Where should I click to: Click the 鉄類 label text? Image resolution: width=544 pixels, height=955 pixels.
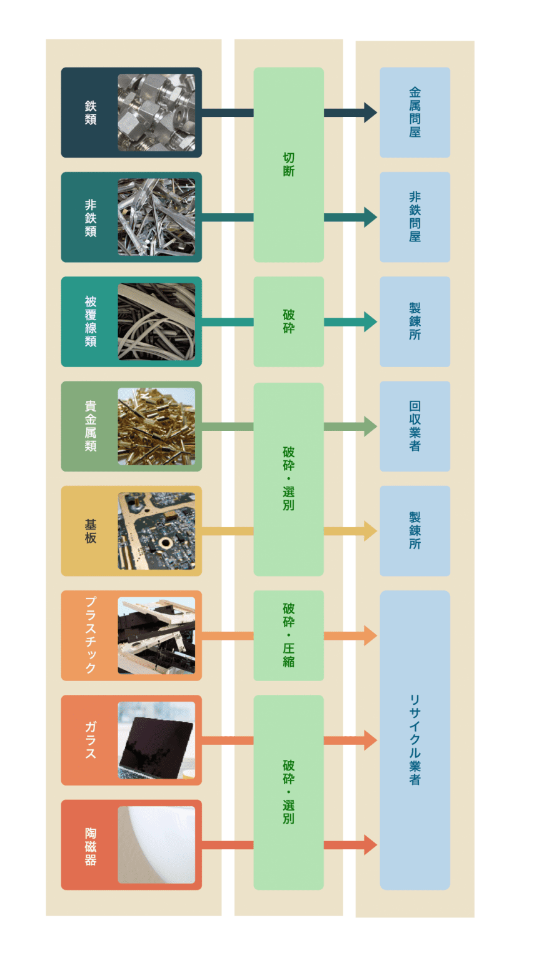pyautogui.click(x=91, y=113)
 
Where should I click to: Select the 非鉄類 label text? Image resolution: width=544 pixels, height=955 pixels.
pyautogui.click(x=91, y=218)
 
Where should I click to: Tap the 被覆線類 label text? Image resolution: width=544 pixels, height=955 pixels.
pyautogui.click(x=91, y=321)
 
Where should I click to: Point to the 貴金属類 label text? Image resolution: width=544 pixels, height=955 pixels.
pyautogui.click(x=91, y=427)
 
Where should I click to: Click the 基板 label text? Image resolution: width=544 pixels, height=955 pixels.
pyautogui.click(x=91, y=531)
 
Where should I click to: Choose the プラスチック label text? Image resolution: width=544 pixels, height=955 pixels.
pyautogui.click(x=91, y=635)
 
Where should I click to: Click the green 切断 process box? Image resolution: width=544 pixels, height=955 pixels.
pyautogui.click(x=289, y=164)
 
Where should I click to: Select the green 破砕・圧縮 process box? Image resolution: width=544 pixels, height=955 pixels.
pyautogui.click(x=289, y=635)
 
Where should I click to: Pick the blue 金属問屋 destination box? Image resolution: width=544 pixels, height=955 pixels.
pyautogui.click(x=415, y=113)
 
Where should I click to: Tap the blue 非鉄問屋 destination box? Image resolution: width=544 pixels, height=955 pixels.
pyautogui.click(x=415, y=217)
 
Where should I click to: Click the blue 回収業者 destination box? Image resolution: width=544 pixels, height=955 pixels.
pyautogui.click(x=415, y=427)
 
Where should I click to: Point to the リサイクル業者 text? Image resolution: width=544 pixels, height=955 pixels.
pyautogui.click(x=415, y=740)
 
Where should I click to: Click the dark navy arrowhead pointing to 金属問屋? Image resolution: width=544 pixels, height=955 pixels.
pyautogui.click(x=370, y=113)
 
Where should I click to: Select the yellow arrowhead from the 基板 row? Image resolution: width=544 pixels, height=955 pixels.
pyautogui.click(x=370, y=531)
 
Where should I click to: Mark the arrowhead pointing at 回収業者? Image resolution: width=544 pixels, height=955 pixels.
pyautogui.click(x=370, y=427)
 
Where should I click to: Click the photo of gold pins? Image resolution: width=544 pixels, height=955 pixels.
pyautogui.click(x=156, y=427)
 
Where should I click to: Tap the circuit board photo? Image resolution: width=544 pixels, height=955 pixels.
pyautogui.click(x=156, y=531)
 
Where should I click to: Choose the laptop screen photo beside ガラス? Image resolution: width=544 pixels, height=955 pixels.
pyautogui.click(x=156, y=740)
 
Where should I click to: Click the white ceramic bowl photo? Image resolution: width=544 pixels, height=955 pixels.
pyautogui.click(x=156, y=844)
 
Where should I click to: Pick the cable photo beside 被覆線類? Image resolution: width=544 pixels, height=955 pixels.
pyautogui.click(x=156, y=321)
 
